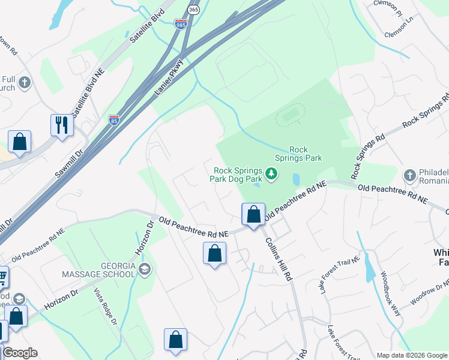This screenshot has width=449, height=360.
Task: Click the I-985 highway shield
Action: click(x=181, y=23)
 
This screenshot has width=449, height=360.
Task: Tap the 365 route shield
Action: click(x=193, y=10)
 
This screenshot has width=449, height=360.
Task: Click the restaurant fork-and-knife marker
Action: click(x=61, y=125)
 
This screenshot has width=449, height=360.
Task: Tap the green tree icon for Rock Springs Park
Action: click(x=272, y=174)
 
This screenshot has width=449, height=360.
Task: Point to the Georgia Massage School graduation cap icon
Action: click(x=144, y=269)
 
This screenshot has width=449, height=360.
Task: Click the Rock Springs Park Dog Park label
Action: click(x=236, y=174)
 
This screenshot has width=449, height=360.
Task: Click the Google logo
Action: click(x=20, y=353)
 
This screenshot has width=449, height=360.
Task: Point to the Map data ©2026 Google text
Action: click(x=412, y=355)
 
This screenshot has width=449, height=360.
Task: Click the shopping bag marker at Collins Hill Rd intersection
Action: click(x=253, y=215)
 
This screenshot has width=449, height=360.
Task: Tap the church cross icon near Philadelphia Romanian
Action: click(x=410, y=175)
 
